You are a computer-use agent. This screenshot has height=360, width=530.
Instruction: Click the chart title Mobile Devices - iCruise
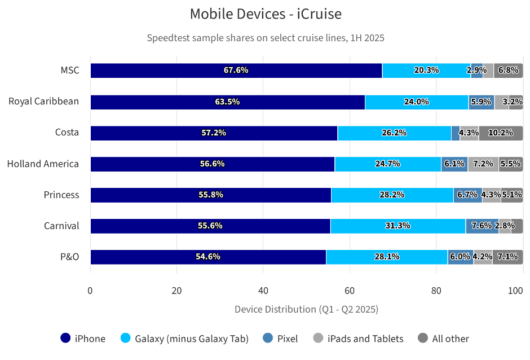click(x=266, y=14)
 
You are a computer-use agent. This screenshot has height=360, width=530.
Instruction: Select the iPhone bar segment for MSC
click(x=236, y=71)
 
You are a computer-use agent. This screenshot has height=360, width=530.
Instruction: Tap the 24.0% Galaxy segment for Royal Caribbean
click(x=417, y=102)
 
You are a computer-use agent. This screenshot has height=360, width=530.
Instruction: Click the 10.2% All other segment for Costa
click(x=501, y=133)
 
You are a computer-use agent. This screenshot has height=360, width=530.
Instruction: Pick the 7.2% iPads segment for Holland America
click(x=483, y=164)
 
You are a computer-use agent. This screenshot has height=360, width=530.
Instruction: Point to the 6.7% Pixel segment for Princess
click(x=467, y=195)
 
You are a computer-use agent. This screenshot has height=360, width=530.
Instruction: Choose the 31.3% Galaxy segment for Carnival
click(x=397, y=226)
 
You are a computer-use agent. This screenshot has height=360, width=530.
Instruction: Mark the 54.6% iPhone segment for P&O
click(x=208, y=257)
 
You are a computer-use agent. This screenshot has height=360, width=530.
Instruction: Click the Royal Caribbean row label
click(x=43, y=102)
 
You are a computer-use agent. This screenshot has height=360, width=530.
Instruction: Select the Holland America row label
click(x=43, y=164)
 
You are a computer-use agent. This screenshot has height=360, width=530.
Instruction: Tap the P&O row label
click(x=69, y=257)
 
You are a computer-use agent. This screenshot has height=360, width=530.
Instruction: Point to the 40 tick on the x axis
click(x=263, y=291)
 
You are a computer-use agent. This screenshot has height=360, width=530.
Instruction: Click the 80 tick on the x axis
click(x=436, y=291)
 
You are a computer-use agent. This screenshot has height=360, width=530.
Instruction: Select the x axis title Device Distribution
click(x=306, y=309)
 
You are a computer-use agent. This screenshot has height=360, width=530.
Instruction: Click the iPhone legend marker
click(x=66, y=339)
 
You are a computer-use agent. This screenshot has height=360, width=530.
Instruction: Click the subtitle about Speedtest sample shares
click(x=266, y=38)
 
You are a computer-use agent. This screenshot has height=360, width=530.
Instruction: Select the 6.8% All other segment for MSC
click(x=508, y=71)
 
